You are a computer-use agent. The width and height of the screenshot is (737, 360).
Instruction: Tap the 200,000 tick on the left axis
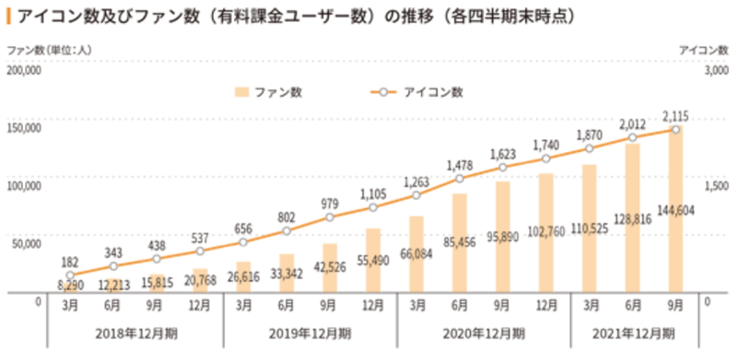pyautogui.click(x=24, y=70)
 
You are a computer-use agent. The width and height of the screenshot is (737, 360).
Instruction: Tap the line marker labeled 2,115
pyautogui.click(x=676, y=130)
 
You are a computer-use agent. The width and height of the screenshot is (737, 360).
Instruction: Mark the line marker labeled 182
pyautogui.click(x=70, y=275)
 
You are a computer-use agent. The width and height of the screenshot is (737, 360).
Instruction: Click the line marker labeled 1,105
pyautogui.click(x=372, y=208)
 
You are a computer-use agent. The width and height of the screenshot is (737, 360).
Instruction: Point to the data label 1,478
pyautogui.click(x=459, y=165)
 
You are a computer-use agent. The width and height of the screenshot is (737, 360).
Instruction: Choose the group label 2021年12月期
pyautogui.click(x=632, y=332)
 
